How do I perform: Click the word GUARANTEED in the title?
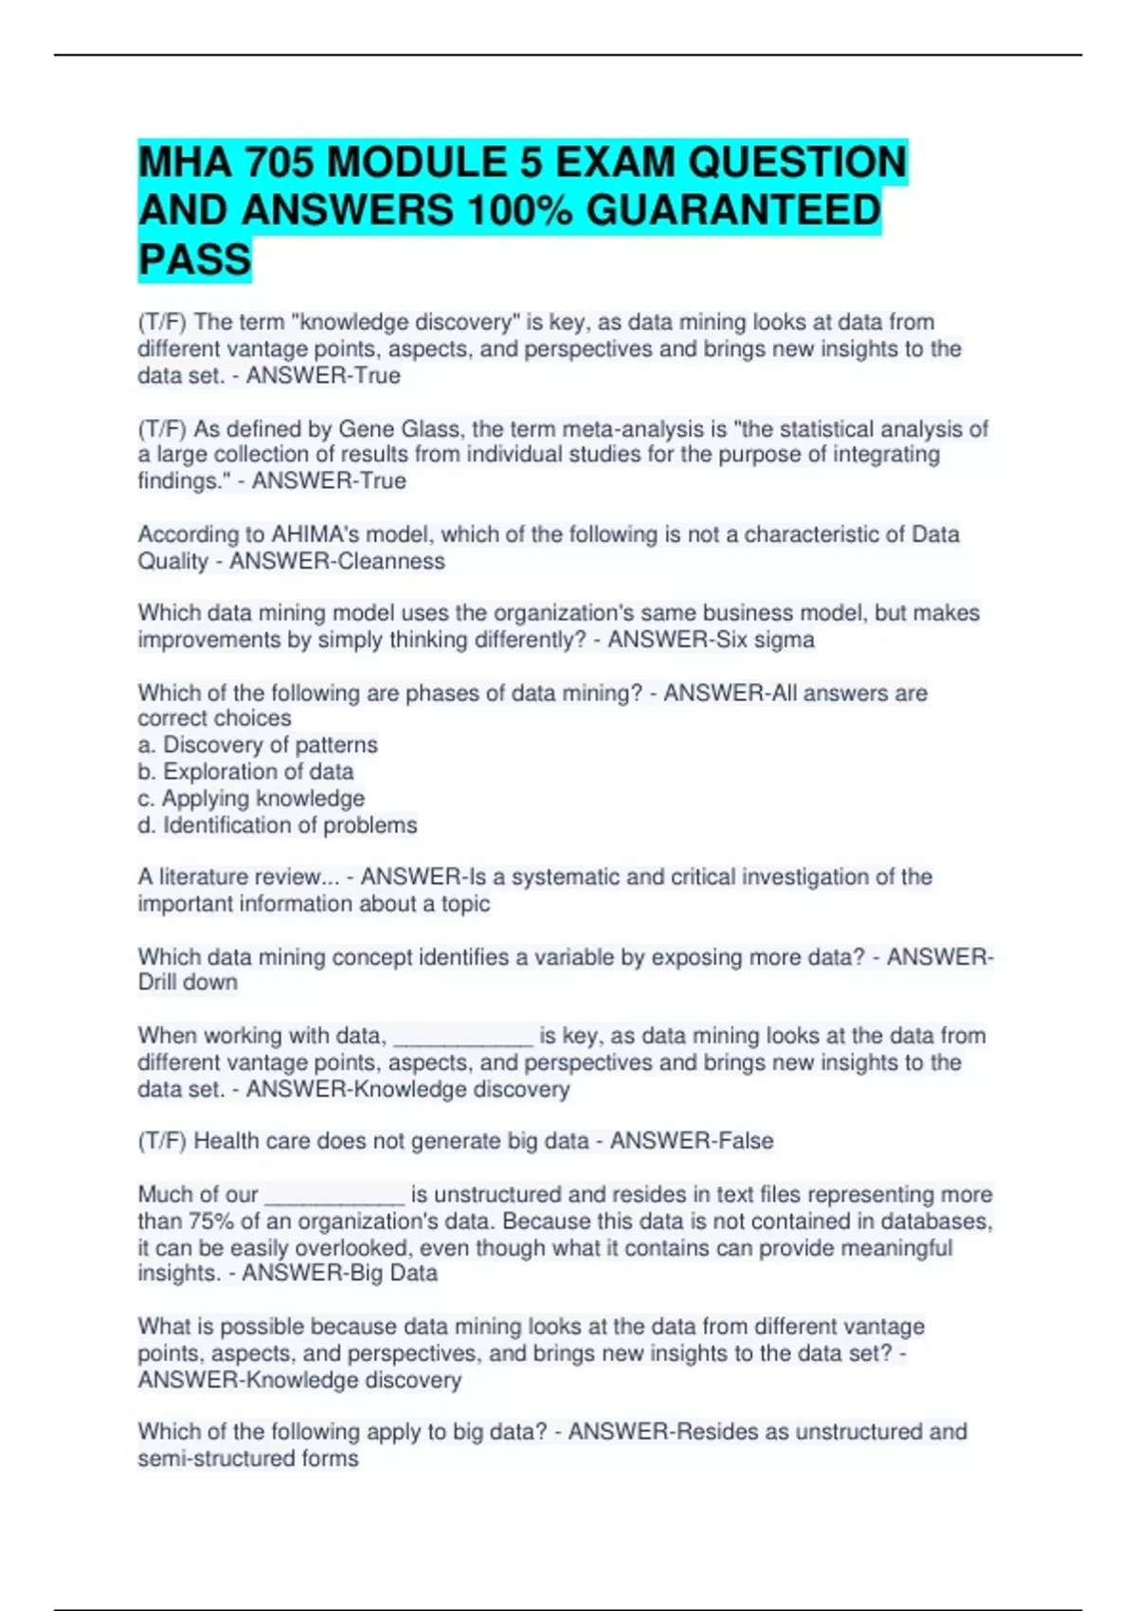click(x=733, y=210)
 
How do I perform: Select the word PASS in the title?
click(x=195, y=259)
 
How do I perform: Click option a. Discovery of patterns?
click(x=258, y=745)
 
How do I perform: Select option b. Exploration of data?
click(x=245, y=771)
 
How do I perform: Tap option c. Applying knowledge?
click(x=251, y=798)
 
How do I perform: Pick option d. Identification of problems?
click(x=278, y=825)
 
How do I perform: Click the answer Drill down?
click(x=188, y=983)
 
